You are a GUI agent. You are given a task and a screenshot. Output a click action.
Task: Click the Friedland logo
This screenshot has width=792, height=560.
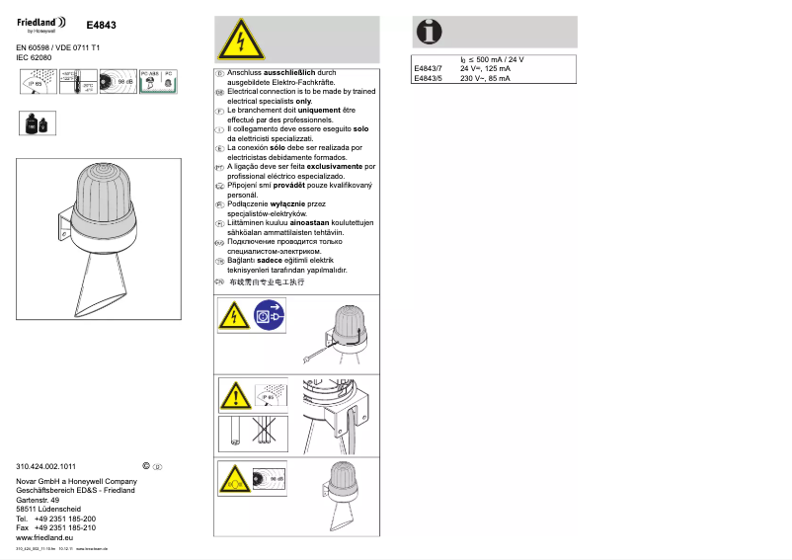tap(42, 22)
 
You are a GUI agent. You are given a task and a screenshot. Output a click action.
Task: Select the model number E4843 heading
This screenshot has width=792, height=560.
tap(101, 24)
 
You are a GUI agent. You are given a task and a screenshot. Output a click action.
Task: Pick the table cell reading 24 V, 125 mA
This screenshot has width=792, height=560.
tap(485, 69)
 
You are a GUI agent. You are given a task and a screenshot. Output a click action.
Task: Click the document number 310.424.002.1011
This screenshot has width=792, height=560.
tap(46, 465)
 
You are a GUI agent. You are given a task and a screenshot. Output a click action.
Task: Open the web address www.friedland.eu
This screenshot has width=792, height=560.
tap(45, 537)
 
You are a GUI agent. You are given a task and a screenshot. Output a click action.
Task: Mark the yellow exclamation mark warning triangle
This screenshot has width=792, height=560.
tap(234, 398)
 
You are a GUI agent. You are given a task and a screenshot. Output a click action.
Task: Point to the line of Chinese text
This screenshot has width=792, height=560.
tap(267, 281)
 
